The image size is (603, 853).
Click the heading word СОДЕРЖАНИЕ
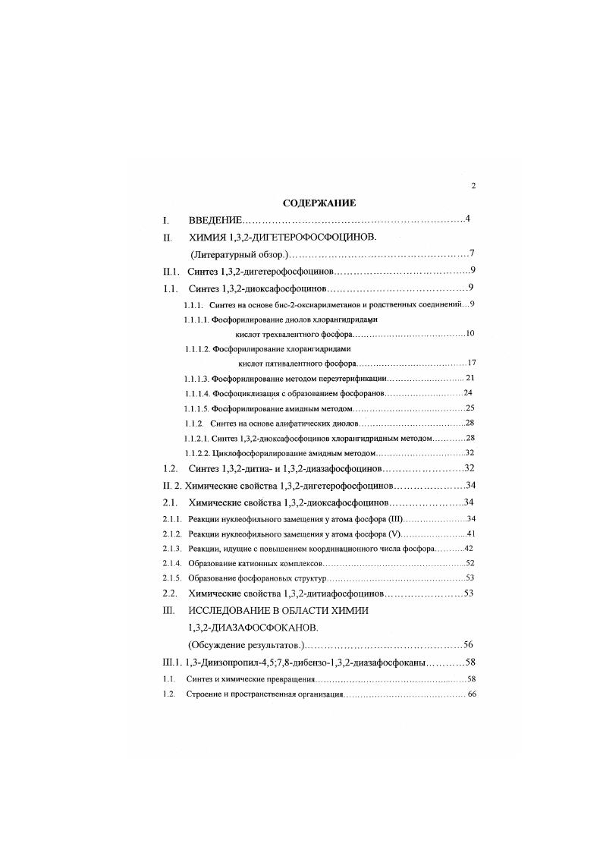pos(319,203)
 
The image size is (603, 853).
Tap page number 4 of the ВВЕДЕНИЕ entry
pos(469,219)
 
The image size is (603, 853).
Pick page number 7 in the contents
pos(472,254)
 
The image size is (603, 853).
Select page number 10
pos(470,334)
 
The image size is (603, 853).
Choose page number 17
pos(471,363)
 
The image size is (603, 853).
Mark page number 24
pos(468,393)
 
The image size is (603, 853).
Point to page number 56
pos(469,645)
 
